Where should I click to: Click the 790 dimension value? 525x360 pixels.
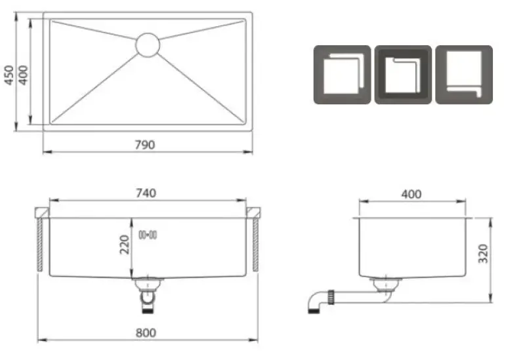click(x=146, y=145)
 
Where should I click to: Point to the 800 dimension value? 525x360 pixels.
click(x=147, y=332)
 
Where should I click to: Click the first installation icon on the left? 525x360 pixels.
click(x=342, y=74)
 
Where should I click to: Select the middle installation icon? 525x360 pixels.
click(x=403, y=74)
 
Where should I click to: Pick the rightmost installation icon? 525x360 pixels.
click(x=464, y=74)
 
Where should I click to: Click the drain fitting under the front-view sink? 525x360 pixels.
click(x=148, y=292)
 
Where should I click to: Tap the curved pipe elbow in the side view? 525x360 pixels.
click(x=314, y=302)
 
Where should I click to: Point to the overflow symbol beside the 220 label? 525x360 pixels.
click(x=147, y=234)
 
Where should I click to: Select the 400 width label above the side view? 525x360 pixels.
click(x=411, y=194)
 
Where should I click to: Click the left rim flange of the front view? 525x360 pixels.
click(x=41, y=212)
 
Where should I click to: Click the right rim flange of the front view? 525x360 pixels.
click(x=255, y=212)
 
